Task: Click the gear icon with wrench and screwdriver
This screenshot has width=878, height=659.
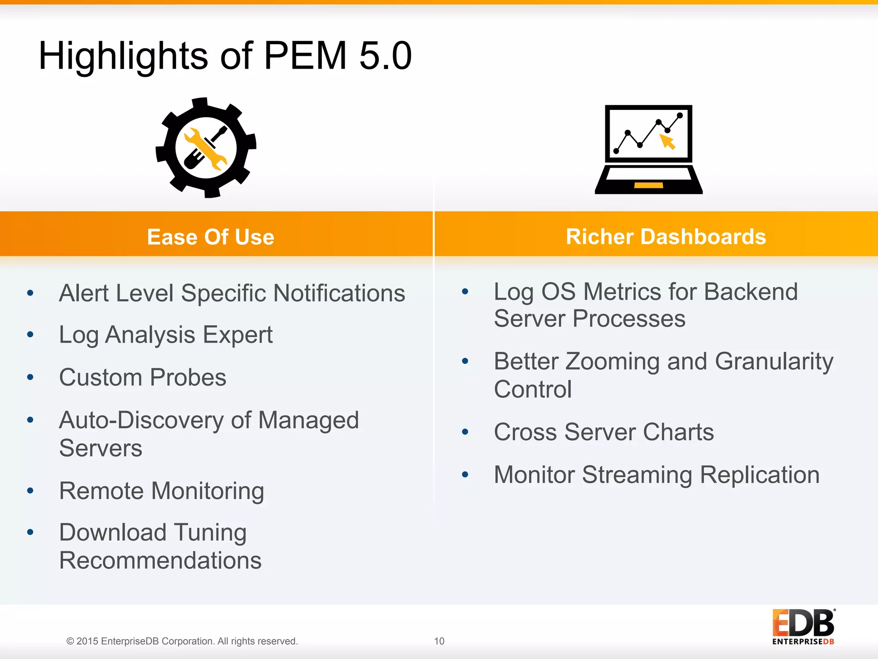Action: pos(206,148)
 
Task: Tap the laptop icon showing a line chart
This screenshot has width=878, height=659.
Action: pos(648,149)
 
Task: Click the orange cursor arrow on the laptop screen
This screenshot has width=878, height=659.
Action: pos(667,141)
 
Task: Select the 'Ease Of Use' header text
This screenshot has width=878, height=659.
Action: pos(210,237)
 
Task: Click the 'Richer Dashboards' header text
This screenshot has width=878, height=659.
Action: pos(666,236)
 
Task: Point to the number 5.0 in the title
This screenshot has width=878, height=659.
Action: pos(385,56)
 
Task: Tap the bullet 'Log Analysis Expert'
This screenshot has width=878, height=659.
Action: pos(166,335)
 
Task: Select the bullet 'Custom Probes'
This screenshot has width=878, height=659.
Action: pos(143,378)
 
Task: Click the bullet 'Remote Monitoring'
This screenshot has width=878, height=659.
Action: pos(162,491)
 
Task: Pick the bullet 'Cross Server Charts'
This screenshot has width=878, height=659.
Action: pos(604,432)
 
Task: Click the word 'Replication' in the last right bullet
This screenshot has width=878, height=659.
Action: pos(760,475)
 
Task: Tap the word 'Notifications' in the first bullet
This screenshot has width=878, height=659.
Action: pos(339,293)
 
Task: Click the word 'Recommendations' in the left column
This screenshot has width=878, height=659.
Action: pos(160,560)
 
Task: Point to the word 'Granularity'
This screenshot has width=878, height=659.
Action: pos(774,362)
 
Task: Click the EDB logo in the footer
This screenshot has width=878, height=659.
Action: pos(803,626)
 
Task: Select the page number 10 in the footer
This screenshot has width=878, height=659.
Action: pos(439,641)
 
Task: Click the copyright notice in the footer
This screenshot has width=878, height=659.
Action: pos(182,641)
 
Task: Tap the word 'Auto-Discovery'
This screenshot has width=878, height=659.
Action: pos(141,420)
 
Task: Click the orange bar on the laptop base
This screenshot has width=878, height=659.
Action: pos(648,185)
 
